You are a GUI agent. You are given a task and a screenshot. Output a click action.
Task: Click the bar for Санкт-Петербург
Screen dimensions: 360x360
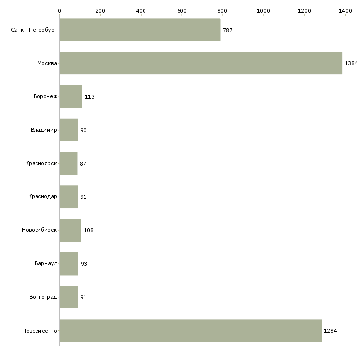[x=140, y=30]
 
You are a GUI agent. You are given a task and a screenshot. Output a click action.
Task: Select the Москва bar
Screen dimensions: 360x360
[x=201, y=63]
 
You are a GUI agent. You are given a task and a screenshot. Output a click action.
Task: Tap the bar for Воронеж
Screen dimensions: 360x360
[x=71, y=97]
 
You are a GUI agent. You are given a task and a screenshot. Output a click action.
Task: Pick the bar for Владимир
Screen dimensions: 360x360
[x=69, y=130]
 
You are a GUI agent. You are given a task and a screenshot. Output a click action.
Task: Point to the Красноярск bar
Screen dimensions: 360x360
[x=69, y=163]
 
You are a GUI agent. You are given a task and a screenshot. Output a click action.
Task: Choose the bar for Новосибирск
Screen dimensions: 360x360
[x=71, y=230]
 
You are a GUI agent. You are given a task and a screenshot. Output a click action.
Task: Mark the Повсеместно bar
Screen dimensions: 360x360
[x=190, y=330]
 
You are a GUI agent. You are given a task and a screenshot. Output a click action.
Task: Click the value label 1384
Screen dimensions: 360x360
[x=351, y=63]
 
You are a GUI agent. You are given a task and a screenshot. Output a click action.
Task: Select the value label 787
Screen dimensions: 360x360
[x=228, y=30]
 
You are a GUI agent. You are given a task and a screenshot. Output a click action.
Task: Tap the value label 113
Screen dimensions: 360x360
[x=90, y=97]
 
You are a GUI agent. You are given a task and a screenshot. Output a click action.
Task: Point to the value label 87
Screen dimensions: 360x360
[x=83, y=164]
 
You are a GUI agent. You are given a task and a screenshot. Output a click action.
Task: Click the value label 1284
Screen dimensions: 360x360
[x=330, y=331]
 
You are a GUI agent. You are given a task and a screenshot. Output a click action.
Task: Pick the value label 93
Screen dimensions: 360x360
[x=84, y=264]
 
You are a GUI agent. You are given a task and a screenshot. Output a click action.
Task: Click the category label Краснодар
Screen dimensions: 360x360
[x=42, y=197]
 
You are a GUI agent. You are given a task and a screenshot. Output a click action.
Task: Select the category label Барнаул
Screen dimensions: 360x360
[x=46, y=263]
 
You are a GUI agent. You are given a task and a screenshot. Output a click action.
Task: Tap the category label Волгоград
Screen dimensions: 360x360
[x=43, y=297]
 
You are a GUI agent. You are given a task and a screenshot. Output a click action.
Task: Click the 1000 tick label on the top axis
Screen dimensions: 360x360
[x=263, y=11]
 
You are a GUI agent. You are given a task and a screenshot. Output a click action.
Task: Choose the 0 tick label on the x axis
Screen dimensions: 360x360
[x=60, y=11]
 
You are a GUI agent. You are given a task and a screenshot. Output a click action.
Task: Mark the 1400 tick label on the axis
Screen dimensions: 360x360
[x=345, y=11]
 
